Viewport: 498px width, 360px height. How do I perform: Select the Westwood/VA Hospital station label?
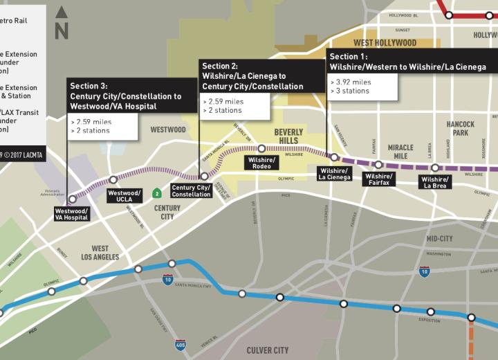(x=71, y=214)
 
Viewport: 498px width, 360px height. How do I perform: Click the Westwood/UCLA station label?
(x=124, y=196)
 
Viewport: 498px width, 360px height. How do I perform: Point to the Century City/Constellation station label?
(x=192, y=191)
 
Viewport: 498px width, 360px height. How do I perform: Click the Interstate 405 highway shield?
(x=181, y=344)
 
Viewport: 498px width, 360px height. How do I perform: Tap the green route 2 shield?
(x=157, y=193)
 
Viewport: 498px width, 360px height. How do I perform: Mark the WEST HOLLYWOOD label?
(x=385, y=43)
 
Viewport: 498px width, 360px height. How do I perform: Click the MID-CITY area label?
(x=439, y=238)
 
